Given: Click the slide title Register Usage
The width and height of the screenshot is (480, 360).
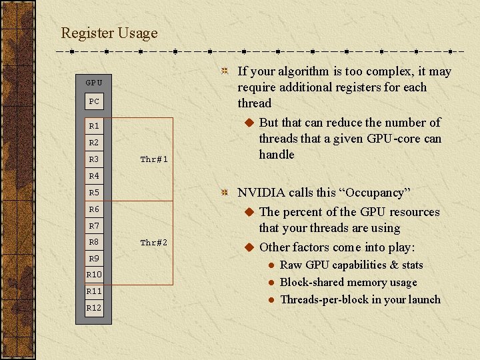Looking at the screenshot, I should point(109,33).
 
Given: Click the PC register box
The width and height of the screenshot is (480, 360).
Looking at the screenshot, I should point(94,101).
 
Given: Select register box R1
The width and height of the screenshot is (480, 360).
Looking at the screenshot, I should point(94,125).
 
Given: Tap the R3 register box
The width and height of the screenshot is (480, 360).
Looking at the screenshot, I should point(94,159).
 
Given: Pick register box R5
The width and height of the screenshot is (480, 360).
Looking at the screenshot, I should point(94,192).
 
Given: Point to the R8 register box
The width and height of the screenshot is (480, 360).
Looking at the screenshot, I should point(94,241).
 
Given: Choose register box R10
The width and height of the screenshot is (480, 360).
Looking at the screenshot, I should point(94,275).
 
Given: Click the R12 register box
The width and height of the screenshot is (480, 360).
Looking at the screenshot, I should point(94,307).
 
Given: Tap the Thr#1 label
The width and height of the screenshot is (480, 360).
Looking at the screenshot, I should point(154,159).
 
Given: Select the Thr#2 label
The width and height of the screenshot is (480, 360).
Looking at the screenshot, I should point(154,243).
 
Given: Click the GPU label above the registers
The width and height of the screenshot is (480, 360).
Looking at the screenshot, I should point(94,83).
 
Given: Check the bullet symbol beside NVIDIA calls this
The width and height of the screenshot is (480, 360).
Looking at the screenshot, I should point(225,193).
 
